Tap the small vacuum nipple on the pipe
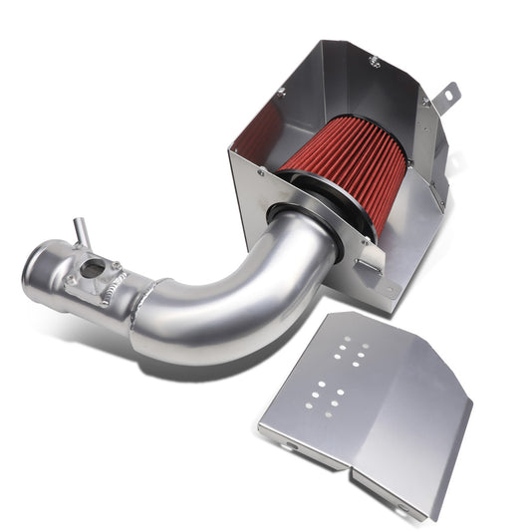point(77,232)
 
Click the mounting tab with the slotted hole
point(449,94)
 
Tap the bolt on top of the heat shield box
point(374,62)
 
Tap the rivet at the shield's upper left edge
point(281,91)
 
